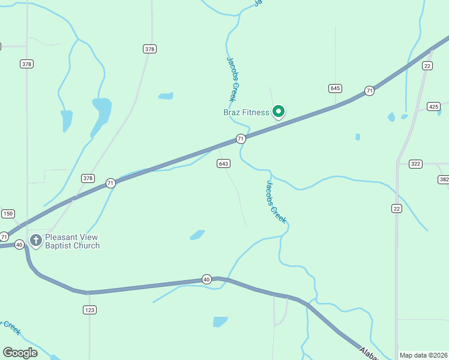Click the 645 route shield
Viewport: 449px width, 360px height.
point(335,88)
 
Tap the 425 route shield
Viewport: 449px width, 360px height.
point(433,106)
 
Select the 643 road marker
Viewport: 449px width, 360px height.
point(223,164)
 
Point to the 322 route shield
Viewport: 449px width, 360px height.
point(415,164)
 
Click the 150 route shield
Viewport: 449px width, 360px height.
point(7,214)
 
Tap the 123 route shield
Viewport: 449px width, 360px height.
point(89,310)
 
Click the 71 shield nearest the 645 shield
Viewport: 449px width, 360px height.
point(369,91)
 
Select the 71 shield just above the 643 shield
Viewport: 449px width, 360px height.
point(241,139)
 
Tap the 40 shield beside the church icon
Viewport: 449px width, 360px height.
point(19,244)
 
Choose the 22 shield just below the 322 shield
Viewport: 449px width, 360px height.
point(396,208)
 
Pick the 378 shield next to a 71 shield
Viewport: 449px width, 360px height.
point(88,178)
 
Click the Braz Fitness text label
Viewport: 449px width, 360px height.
point(246,112)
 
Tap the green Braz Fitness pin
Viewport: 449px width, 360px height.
point(279,111)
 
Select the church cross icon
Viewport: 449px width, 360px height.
point(35,241)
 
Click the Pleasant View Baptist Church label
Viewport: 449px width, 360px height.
point(72,241)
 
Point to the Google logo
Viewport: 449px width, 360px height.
point(20,352)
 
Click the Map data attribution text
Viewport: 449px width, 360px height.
point(423,355)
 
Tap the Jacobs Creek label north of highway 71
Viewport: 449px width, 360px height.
point(233,79)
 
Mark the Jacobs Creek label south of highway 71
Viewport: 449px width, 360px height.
point(276,202)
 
